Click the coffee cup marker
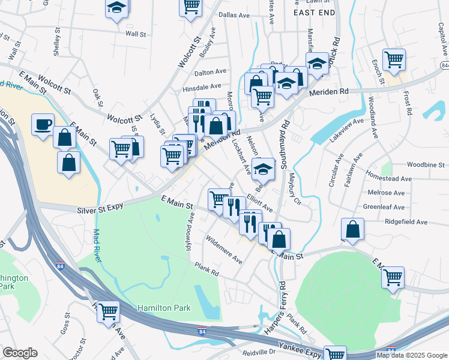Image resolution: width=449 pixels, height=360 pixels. (x=43, y=125)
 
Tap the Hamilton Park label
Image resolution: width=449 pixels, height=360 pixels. (x=164, y=308)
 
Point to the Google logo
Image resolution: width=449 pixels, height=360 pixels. (x=19, y=353)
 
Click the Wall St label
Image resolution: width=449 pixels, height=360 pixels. (x=136, y=34)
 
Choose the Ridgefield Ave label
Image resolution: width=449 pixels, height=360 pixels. (x=406, y=222)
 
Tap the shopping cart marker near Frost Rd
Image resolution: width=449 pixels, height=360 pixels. (x=394, y=59)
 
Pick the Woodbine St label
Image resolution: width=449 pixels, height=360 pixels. (x=425, y=164)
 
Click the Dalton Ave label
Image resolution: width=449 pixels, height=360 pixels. (x=210, y=73)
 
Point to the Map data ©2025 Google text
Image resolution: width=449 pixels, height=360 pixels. (x=411, y=355)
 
